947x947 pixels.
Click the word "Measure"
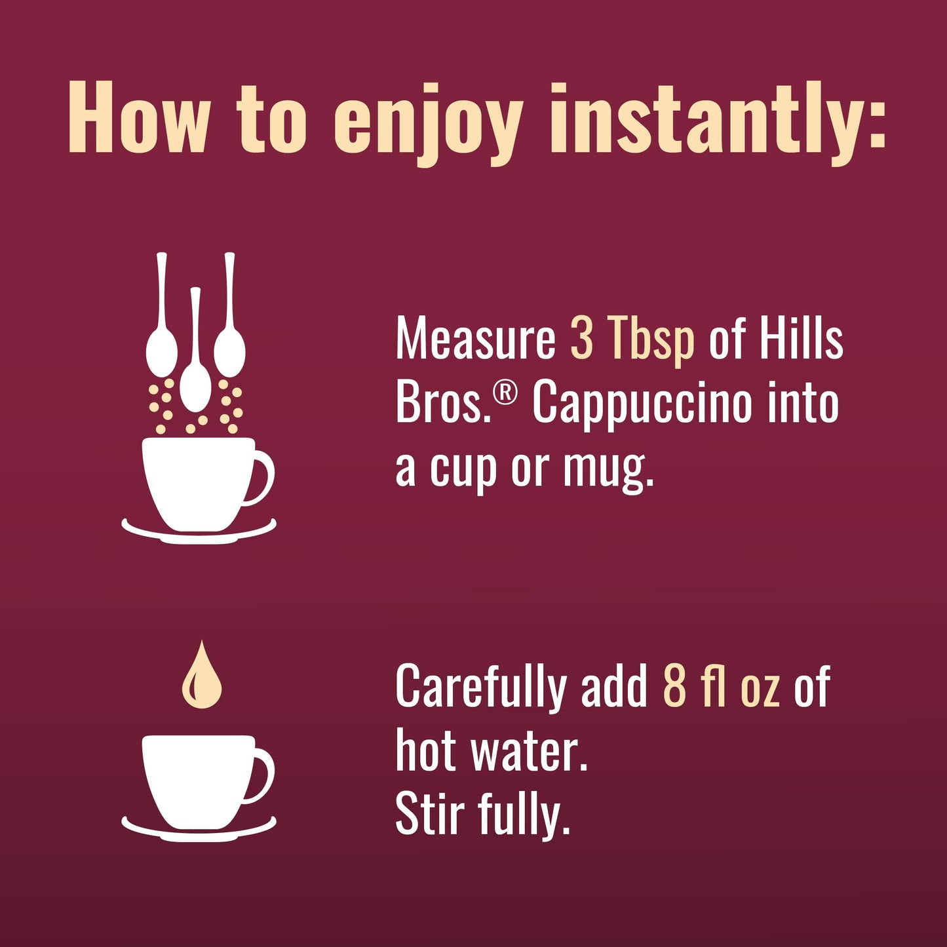[x=475, y=339]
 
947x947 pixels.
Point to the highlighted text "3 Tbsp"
[x=632, y=339]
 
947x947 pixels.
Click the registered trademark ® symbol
[x=505, y=393]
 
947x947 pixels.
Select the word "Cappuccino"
[x=641, y=405]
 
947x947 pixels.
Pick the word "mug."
[x=608, y=469]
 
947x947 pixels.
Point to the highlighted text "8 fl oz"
[x=721, y=686]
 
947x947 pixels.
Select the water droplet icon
[x=201, y=679]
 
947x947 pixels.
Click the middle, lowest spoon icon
[x=195, y=380]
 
